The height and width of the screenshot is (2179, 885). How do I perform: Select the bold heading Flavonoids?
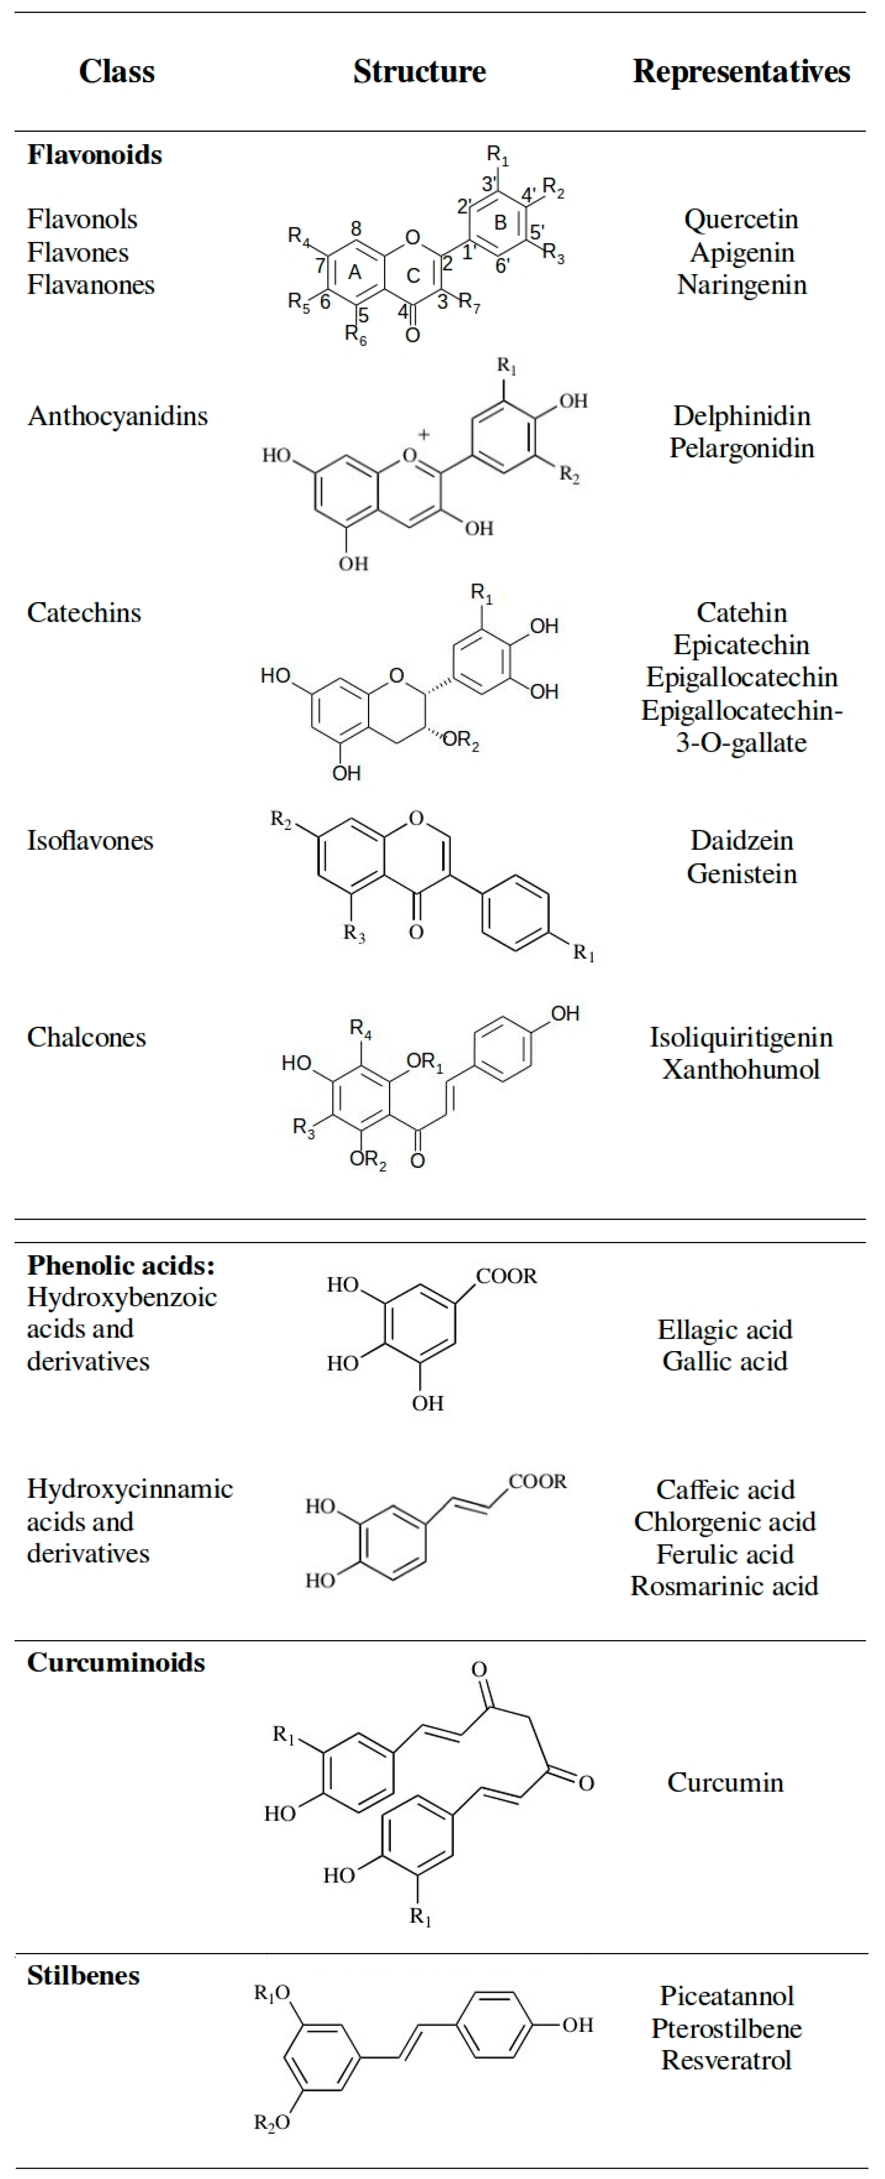pyautogui.click(x=95, y=155)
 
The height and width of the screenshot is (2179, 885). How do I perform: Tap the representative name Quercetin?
pyautogui.click(x=741, y=219)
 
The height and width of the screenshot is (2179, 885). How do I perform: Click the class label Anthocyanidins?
pyautogui.click(x=118, y=416)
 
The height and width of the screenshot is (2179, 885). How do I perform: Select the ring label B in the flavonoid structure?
pyautogui.click(x=500, y=222)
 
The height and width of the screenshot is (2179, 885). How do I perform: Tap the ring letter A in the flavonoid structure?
pyautogui.click(x=355, y=271)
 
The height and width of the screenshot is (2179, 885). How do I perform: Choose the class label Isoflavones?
pyautogui.click(x=90, y=841)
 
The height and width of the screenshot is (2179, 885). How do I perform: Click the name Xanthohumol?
pyautogui.click(x=741, y=1069)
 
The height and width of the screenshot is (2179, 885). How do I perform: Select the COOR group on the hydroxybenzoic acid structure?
pyautogui.click(x=506, y=1277)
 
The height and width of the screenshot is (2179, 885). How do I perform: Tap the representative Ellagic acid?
pyautogui.click(x=725, y=1330)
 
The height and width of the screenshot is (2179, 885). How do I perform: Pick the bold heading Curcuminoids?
pyautogui.click(x=116, y=1663)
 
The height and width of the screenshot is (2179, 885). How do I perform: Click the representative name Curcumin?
pyautogui.click(x=725, y=1782)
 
